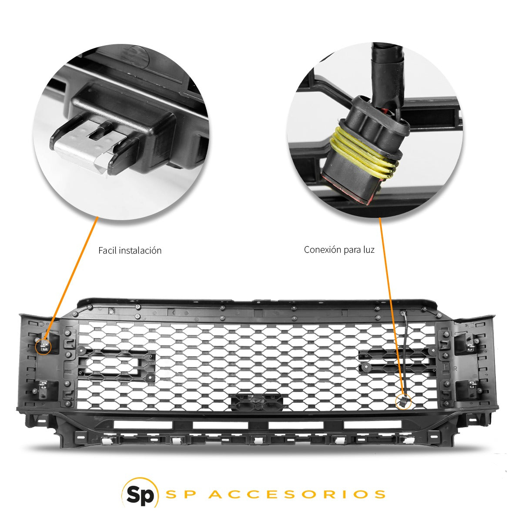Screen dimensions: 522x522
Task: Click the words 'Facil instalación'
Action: pos(130,251)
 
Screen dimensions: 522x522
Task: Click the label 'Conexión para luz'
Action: pos(339,250)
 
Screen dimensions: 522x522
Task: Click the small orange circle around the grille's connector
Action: pos(402,402)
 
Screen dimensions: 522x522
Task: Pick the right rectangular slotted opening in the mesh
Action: pos(397,362)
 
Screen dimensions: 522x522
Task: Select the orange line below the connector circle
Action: pos(390,304)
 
